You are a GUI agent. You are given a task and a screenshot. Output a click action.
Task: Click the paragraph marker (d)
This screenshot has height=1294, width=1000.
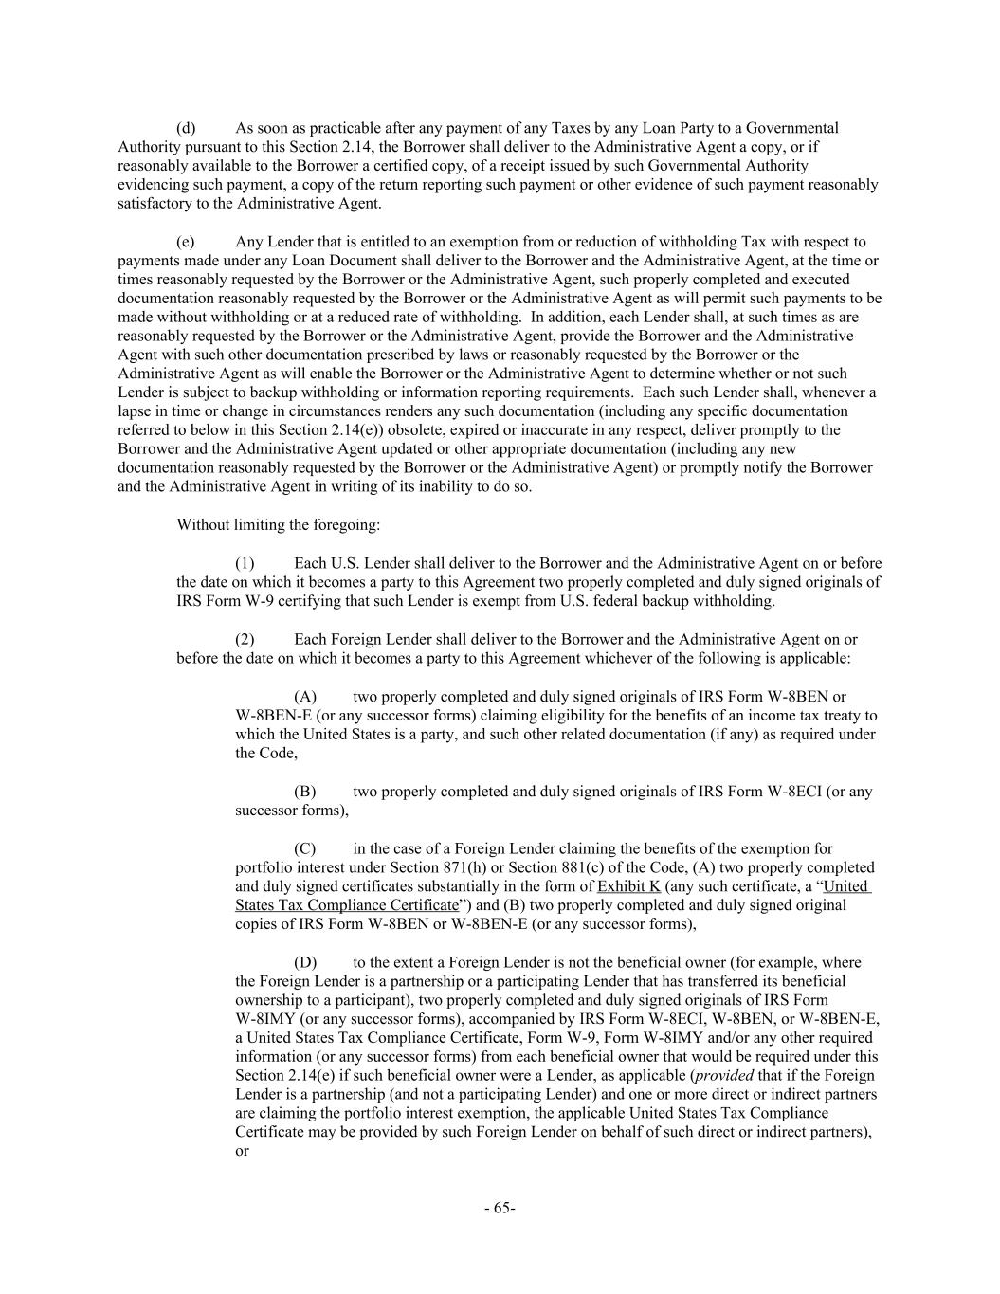(x=186, y=128)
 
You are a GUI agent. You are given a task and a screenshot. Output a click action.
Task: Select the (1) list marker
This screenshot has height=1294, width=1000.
(x=245, y=563)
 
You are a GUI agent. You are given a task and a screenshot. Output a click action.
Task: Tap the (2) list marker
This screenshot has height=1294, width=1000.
(x=245, y=640)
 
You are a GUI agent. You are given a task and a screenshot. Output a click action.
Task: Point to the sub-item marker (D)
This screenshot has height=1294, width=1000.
(x=305, y=962)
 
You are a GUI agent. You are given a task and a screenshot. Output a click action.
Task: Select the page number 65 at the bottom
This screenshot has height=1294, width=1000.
(x=500, y=1208)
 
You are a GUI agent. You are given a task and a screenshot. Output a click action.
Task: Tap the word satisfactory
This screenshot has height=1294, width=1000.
(x=153, y=203)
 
